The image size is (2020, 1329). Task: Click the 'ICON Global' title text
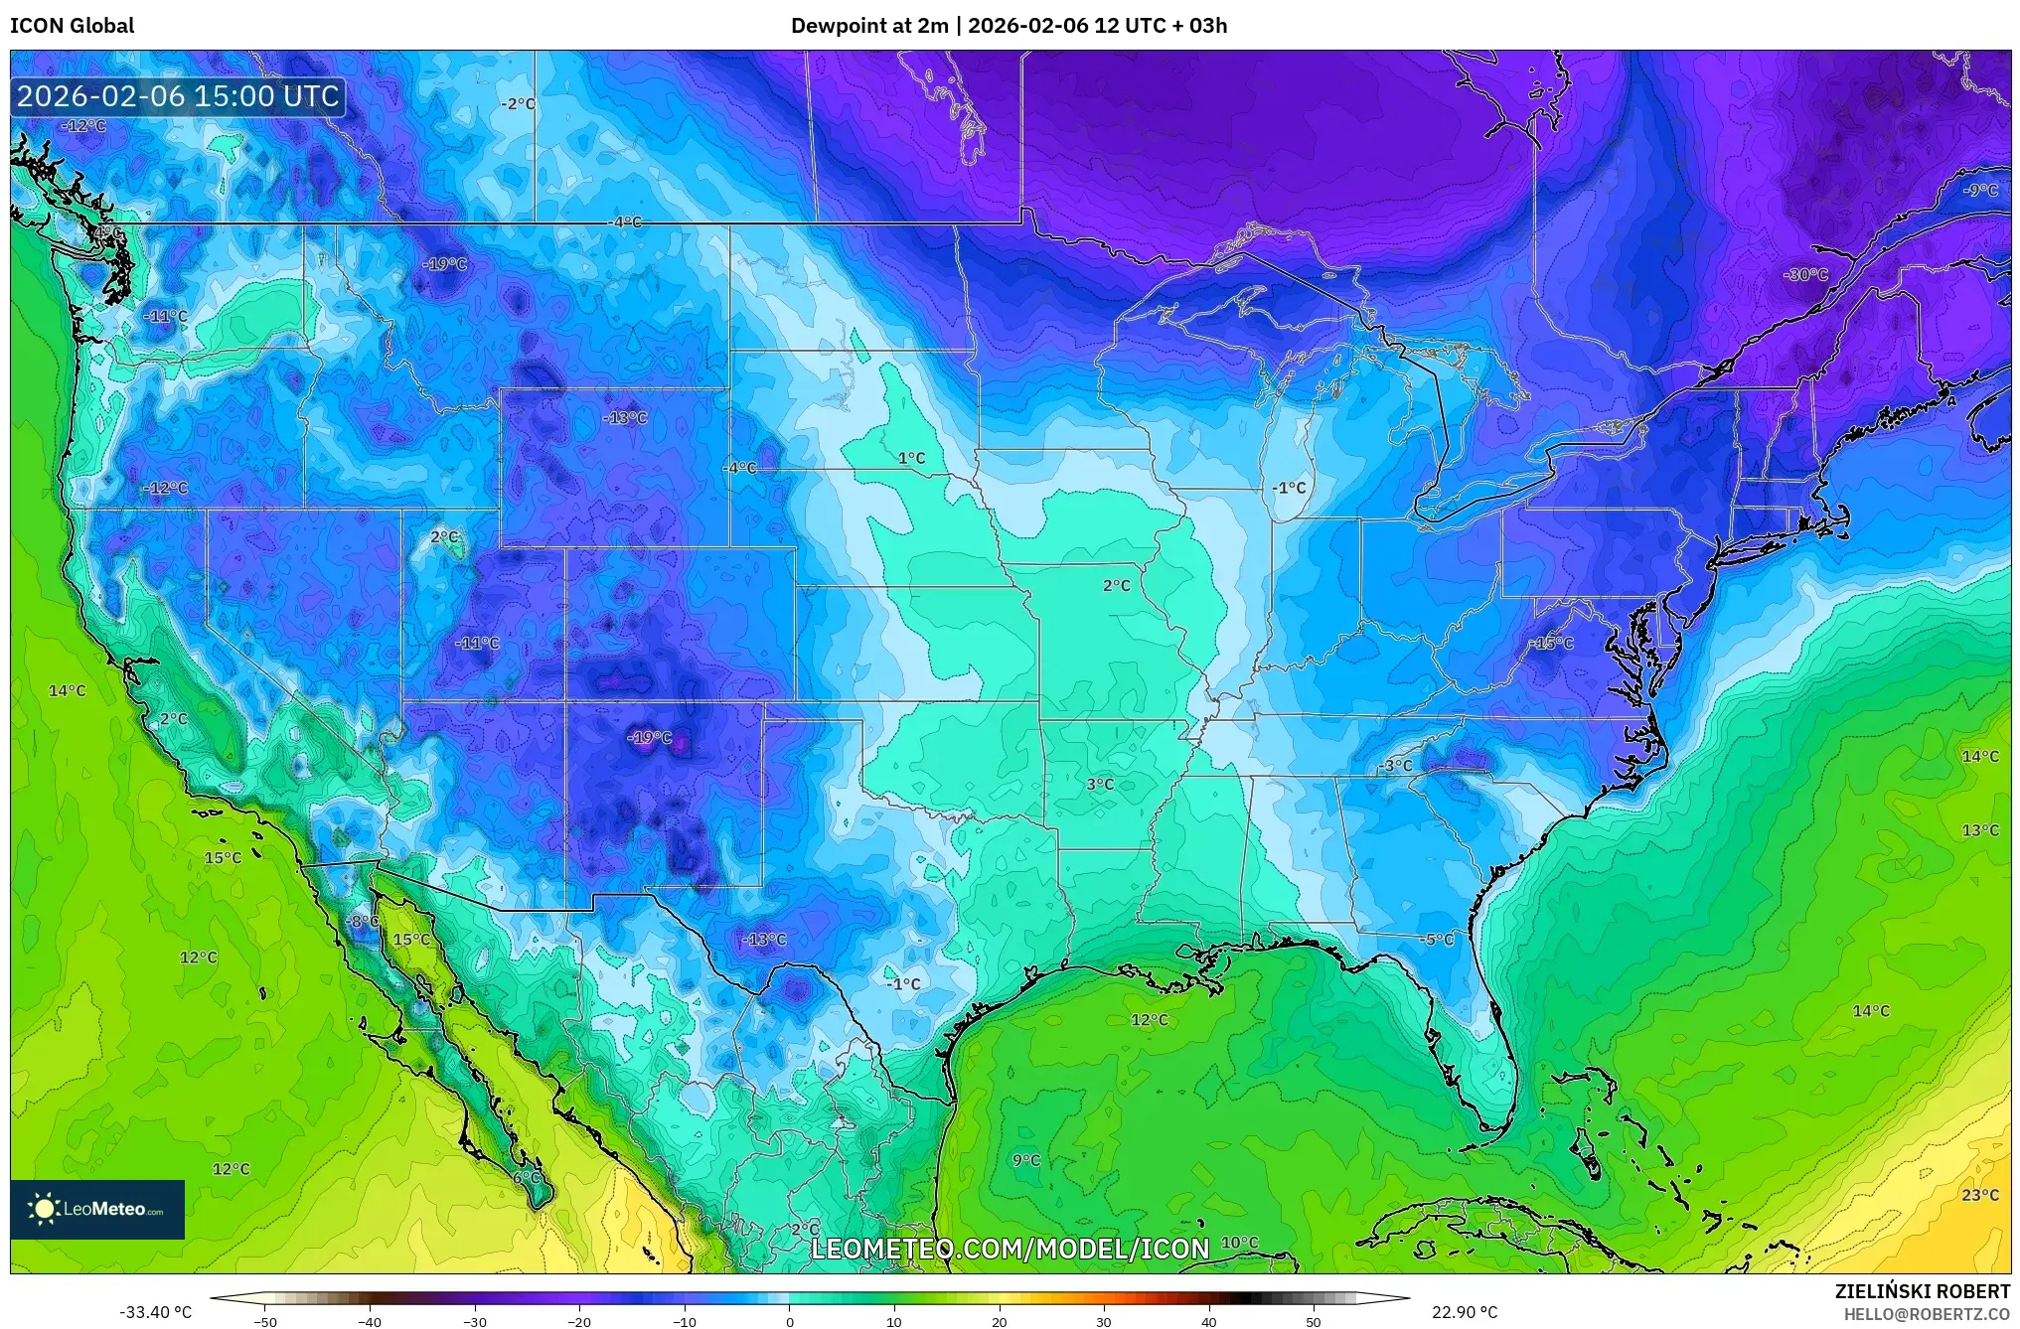[x=72, y=26]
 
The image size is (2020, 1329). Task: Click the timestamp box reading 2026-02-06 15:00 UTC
[x=178, y=96]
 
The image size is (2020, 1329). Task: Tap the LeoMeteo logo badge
[x=97, y=1209]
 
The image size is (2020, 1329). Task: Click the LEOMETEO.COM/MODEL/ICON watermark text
[x=1010, y=1249]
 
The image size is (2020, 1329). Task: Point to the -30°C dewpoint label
[x=1804, y=274]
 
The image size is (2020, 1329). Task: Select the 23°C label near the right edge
[x=1979, y=1195]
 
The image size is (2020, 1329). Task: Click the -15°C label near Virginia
[x=1551, y=644]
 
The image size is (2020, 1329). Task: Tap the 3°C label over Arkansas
[x=1099, y=784]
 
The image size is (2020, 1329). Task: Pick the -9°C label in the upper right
[x=1979, y=190]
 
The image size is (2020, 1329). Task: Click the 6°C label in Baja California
[x=527, y=1178]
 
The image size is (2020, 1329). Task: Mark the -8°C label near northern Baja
[x=362, y=922]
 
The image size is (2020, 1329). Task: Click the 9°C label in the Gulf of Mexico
[x=1025, y=1160]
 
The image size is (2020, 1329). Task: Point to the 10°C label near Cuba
[x=1239, y=1243]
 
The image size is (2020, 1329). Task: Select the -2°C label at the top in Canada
[x=517, y=104]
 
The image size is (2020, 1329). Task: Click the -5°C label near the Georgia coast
[x=1437, y=939]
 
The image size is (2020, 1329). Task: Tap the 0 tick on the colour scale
[x=790, y=1321]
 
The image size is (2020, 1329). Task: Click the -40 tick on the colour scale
[x=370, y=1321]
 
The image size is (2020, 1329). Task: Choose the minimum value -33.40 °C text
[x=155, y=1312]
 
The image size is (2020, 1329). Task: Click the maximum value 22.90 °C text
[x=1464, y=1312]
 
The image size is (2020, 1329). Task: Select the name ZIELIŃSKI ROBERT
[x=1922, y=1291]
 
